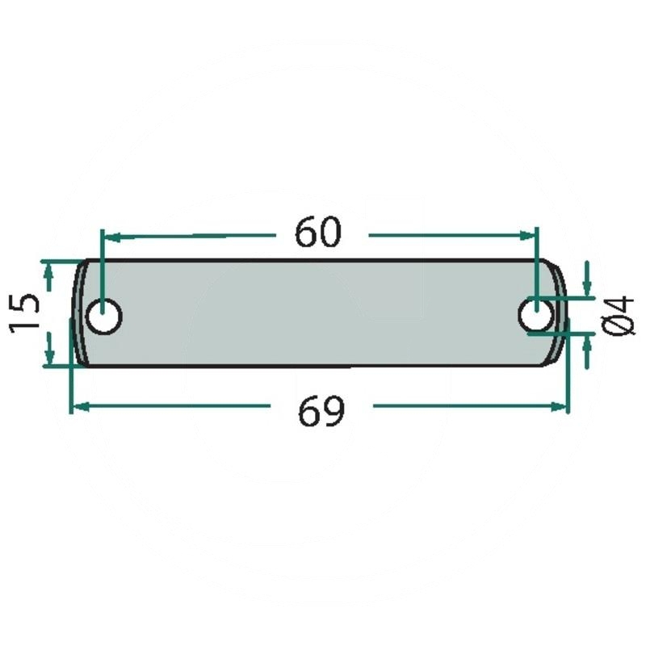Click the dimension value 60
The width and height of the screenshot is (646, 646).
click(x=318, y=232)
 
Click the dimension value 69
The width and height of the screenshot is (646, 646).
click(x=321, y=411)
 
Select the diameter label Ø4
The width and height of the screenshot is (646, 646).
click(x=618, y=315)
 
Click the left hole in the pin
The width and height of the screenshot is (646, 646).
click(x=104, y=317)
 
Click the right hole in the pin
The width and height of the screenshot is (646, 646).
click(x=535, y=316)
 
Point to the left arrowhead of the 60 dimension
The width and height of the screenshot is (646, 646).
click(x=112, y=237)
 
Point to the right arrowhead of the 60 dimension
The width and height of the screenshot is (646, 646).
click(x=527, y=236)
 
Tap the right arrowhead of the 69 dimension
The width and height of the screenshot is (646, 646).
click(x=559, y=407)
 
